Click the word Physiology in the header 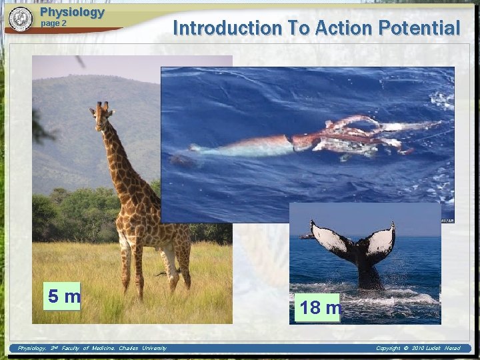pos(72,12)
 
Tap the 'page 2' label pos(54,23)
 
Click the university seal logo pos(21,19)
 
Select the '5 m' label pos(63,296)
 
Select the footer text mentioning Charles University pos(92,348)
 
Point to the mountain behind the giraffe pos(73,100)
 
